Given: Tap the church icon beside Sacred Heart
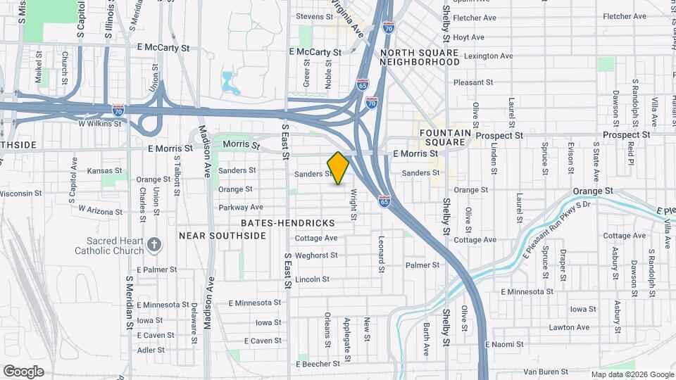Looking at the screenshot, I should coord(154,245).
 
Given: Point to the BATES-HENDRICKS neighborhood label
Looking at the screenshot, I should coord(287,222).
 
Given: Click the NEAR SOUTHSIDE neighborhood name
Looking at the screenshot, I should coord(223,236).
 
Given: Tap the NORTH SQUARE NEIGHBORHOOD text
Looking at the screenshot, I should coord(420,57).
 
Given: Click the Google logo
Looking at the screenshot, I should coord(23,372).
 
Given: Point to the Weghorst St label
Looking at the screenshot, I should coord(316,255).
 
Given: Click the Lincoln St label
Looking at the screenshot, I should coord(312,279).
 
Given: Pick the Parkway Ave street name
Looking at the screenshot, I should coord(240,207).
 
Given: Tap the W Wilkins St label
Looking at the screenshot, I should coord(99,123).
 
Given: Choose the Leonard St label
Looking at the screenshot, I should coord(380,254).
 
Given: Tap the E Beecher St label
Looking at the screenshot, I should coord(318,364).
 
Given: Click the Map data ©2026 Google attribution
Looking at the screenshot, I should coord(632,374).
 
